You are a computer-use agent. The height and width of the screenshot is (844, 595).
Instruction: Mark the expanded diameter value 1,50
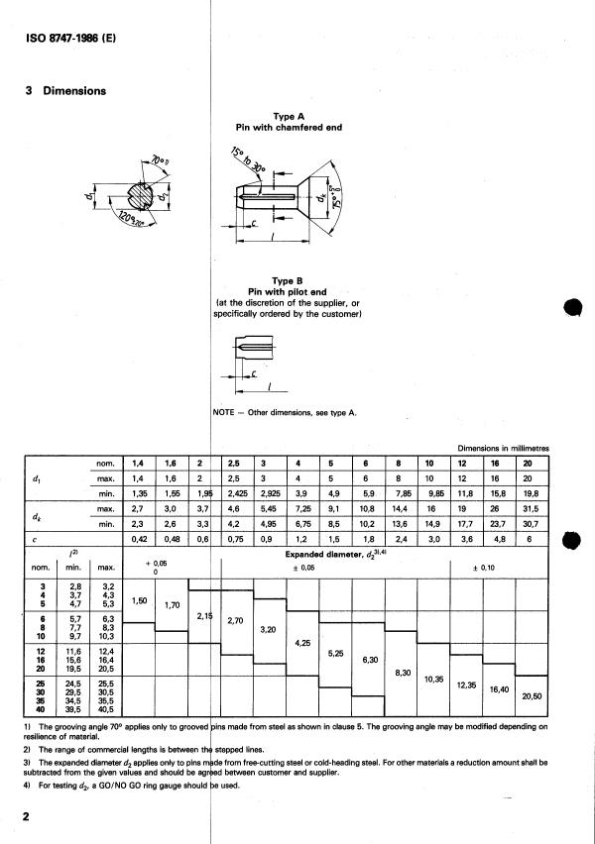pyautogui.click(x=138, y=600)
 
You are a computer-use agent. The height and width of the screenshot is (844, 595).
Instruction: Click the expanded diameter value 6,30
pyautogui.click(x=368, y=659)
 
